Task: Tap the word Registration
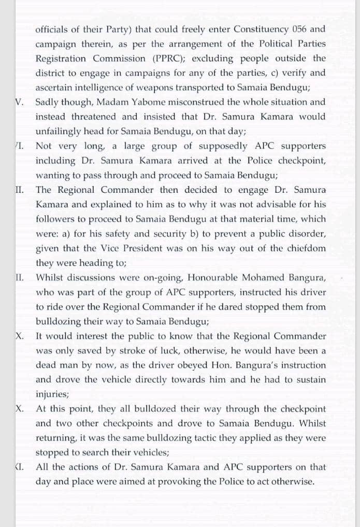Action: pyautogui.click(x=62, y=59)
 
